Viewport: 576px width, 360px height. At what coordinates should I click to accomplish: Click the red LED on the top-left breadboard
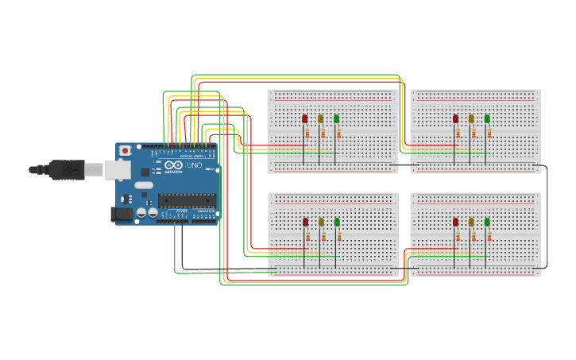pyautogui.click(x=304, y=119)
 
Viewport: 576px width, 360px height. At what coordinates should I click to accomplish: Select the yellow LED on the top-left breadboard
pyautogui.click(x=320, y=119)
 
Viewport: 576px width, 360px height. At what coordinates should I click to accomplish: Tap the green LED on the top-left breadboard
pyautogui.click(x=336, y=119)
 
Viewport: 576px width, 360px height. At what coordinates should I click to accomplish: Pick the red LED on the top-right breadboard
pyautogui.click(x=455, y=119)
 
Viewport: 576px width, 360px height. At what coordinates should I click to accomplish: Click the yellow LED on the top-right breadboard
pyautogui.click(x=471, y=119)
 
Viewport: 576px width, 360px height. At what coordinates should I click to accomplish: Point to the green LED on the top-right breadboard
pyautogui.click(x=487, y=119)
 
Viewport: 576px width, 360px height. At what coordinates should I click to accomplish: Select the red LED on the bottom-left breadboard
pyautogui.click(x=305, y=223)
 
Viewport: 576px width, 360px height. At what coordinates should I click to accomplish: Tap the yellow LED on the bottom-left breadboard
pyautogui.click(x=321, y=223)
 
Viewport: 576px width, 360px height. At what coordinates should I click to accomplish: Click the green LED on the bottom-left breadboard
pyautogui.click(x=337, y=223)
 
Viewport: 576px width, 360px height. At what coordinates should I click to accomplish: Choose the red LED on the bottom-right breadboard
pyautogui.click(x=455, y=223)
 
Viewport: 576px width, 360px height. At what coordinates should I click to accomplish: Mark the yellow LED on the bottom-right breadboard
pyautogui.click(x=471, y=223)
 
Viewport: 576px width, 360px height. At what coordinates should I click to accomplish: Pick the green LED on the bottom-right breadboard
pyautogui.click(x=487, y=223)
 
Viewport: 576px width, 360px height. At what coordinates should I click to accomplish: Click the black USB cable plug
pyautogui.click(x=67, y=169)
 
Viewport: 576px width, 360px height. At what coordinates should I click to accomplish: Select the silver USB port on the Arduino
pyautogui.click(x=118, y=169)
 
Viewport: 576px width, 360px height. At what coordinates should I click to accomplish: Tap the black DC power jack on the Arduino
pyautogui.click(x=122, y=213)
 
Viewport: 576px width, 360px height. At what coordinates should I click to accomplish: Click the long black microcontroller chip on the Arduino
pyautogui.click(x=186, y=200)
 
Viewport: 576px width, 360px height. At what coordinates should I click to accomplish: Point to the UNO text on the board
pyautogui.click(x=194, y=165)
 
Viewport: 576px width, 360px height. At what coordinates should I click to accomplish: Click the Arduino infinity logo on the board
pyautogui.click(x=175, y=165)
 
